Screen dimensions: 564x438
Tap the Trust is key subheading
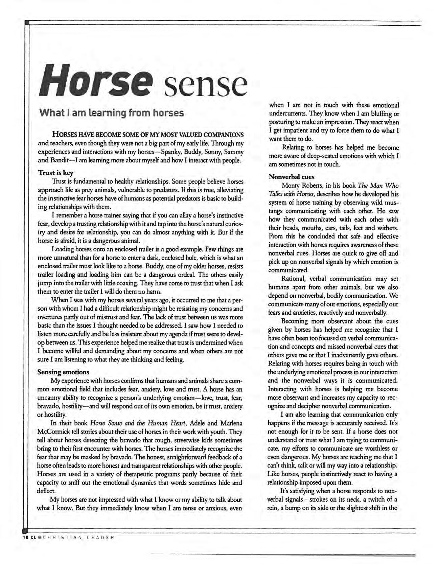[55, 172]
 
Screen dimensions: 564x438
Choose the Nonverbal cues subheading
[292, 177]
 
